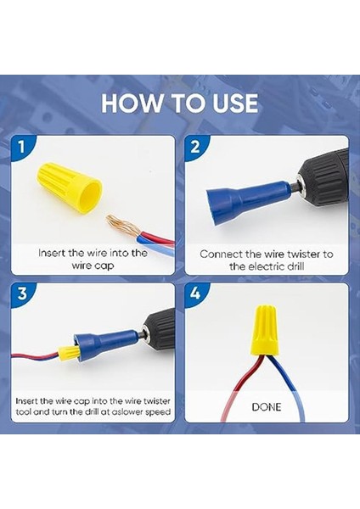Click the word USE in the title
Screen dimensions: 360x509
235,103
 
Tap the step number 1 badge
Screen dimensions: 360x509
21,147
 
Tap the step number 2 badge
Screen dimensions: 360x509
195,147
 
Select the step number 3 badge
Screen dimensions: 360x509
21,294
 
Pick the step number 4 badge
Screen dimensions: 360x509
195,294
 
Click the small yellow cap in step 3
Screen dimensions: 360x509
68,353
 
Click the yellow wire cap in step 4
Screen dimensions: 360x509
264,329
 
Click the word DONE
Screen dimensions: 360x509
267,406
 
